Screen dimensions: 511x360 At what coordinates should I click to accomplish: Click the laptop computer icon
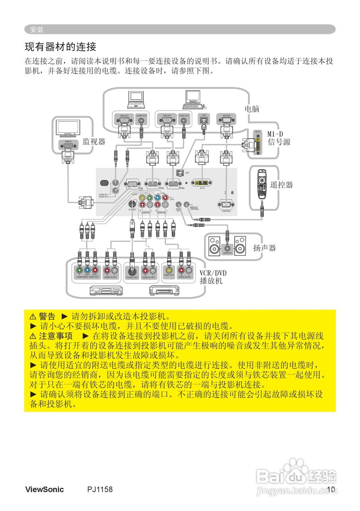(x=135, y=100)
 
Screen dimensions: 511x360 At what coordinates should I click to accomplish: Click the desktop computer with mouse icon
(x=194, y=100)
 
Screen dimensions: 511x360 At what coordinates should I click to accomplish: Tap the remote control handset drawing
(x=262, y=184)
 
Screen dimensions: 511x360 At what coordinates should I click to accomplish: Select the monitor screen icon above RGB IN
(x=68, y=129)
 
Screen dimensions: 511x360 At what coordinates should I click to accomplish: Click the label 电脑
(x=252, y=109)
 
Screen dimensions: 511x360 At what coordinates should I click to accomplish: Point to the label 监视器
(x=94, y=141)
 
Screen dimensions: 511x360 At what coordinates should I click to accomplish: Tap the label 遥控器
(x=281, y=184)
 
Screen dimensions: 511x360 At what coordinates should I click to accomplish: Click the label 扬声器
(x=265, y=248)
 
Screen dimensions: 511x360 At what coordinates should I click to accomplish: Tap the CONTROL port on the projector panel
(x=226, y=205)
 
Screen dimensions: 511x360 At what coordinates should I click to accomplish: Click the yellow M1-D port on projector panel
(x=202, y=182)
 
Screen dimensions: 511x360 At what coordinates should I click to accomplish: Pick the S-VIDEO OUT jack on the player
(x=132, y=270)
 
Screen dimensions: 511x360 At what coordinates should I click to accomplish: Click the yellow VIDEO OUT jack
(x=169, y=270)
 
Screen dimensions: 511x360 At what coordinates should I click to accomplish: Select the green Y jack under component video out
(x=79, y=270)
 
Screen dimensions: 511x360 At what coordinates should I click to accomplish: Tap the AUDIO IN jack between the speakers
(x=227, y=248)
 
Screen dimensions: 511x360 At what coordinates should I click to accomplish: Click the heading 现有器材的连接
(x=61, y=47)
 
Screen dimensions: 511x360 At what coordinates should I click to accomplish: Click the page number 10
(x=330, y=489)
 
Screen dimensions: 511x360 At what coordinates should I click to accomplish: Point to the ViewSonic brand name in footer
(x=44, y=489)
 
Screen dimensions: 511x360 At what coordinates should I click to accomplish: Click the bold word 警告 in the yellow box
(x=47, y=317)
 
